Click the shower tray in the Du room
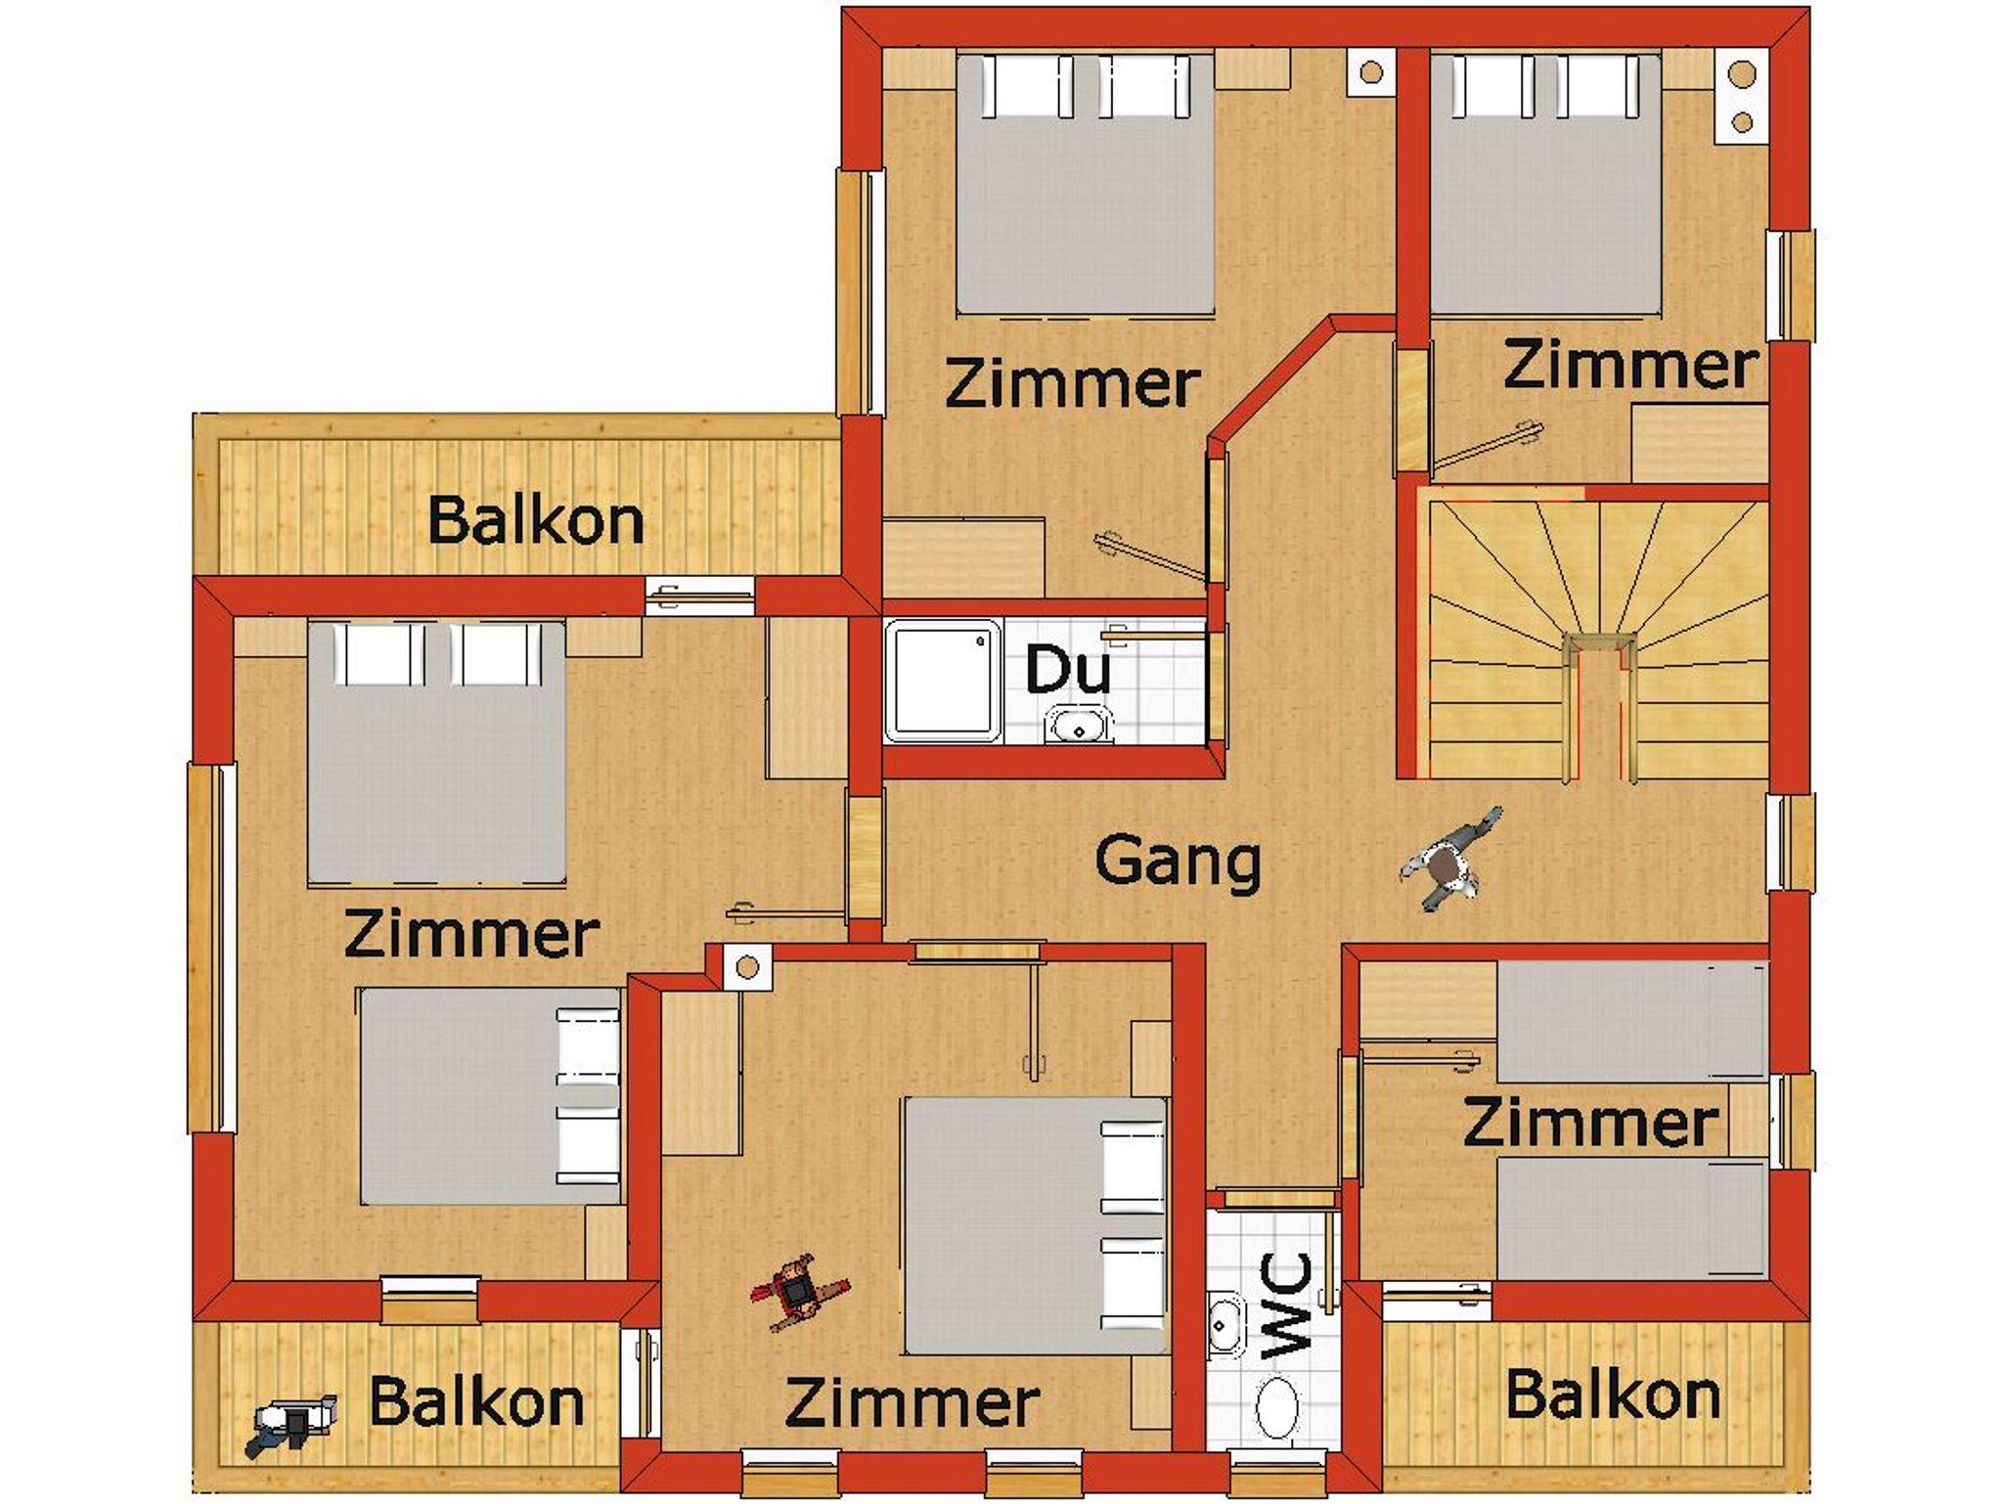(943, 681)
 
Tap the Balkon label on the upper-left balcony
(536, 520)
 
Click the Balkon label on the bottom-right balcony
(1613, 1394)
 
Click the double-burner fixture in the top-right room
(1742, 97)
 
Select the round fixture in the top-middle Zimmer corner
(1370, 72)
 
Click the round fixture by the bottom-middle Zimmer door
(747, 968)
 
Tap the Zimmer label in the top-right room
(1629, 365)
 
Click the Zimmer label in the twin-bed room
(1590, 1123)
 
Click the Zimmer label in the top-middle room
(1073, 383)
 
